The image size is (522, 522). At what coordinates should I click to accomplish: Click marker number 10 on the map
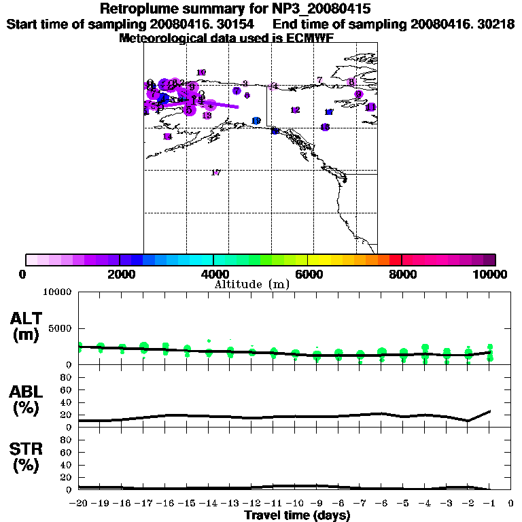pyautogui.click(x=201, y=73)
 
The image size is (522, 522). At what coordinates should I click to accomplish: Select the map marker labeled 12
pyautogui.click(x=295, y=110)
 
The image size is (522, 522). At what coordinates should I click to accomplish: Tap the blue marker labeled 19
pyautogui.click(x=256, y=121)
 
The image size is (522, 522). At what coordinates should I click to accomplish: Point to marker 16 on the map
pyautogui.click(x=326, y=127)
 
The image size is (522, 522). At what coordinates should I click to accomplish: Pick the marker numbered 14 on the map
pyautogui.click(x=167, y=137)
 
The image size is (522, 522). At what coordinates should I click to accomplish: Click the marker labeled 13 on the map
pyautogui.click(x=207, y=116)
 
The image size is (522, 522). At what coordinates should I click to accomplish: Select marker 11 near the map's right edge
pyautogui.click(x=370, y=107)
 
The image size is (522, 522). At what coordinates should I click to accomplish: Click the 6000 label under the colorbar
pyautogui.click(x=308, y=274)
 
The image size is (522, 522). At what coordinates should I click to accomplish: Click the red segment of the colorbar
pyautogui.click(x=395, y=260)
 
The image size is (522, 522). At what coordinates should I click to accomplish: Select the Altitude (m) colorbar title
pyautogui.click(x=251, y=284)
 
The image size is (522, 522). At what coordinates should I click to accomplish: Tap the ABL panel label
pyautogui.click(x=26, y=400)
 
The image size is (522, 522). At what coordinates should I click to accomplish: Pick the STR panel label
pyautogui.click(x=26, y=457)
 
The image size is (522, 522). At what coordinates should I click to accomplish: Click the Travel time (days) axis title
pyautogui.click(x=297, y=516)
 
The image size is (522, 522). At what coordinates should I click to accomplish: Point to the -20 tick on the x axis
pyautogui.click(x=80, y=504)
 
